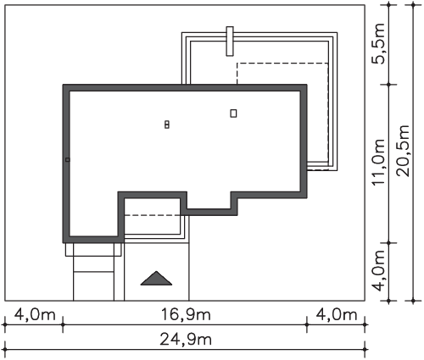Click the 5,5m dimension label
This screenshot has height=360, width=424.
tap(378, 44)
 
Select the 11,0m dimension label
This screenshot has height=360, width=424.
tap(378, 163)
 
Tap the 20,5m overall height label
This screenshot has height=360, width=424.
tap(403, 151)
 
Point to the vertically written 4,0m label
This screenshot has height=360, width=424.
tap(378, 270)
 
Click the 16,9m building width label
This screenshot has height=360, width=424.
tap(186, 314)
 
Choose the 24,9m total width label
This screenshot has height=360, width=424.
tap(186, 339)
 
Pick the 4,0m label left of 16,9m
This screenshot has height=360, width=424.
tap(35, 314)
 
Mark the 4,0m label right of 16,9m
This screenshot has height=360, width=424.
tap(337, 314)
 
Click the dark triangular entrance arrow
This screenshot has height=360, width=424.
tap(156, 279)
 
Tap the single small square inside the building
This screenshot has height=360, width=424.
tap(233, 114)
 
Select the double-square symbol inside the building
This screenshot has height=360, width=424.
tap(167, 125)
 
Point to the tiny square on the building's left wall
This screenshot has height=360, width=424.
tap(67, 160)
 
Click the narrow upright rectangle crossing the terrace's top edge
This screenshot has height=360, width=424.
tap(230, 42)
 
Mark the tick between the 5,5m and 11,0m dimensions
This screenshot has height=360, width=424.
tap(389, 85)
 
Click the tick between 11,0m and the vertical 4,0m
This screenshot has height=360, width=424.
tap(389, 243)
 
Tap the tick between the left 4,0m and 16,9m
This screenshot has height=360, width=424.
tap(63, 324)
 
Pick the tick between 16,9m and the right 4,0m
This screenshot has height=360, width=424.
tap(307, 324)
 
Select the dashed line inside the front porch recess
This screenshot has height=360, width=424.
tap(153, 215)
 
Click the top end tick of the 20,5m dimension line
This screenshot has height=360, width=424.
tap(413, 5)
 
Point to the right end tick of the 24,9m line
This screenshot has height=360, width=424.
tap(365, 350)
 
